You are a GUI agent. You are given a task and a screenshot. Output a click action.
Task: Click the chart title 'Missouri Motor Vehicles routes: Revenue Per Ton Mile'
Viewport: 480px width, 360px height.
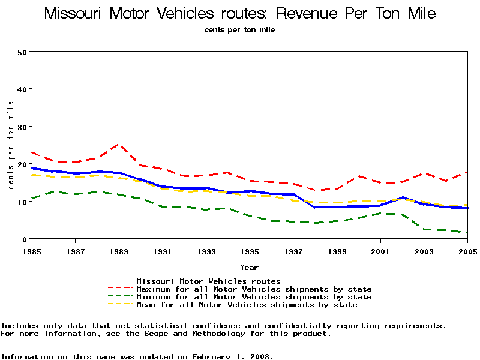(x=240, y=13)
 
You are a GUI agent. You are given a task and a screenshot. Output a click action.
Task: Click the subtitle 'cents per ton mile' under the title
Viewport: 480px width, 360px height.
(x=239, y=29)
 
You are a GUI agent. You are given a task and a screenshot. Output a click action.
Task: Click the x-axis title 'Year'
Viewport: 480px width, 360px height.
(x=249, y=267)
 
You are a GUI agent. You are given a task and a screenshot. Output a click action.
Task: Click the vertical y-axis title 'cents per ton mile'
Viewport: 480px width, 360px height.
(x=11, y=145)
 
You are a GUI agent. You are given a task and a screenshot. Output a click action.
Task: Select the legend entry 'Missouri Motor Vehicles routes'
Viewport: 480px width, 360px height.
(x=208, y=281)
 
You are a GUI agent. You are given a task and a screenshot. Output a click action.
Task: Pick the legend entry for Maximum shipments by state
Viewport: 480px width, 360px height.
(x=254, y=289)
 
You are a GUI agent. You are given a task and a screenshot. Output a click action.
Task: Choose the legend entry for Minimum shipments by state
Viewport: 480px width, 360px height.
(x=254, y=297)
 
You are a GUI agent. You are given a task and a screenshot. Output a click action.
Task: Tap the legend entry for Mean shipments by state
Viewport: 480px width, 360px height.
(x=247, y=305)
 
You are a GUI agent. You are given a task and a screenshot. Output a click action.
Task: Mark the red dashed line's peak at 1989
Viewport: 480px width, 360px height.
(x=118, y=145)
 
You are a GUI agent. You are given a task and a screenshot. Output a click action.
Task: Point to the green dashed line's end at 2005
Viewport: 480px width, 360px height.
(x=467, y=233)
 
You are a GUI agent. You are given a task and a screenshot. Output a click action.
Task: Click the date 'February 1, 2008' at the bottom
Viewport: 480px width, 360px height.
(x=232, y=356)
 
